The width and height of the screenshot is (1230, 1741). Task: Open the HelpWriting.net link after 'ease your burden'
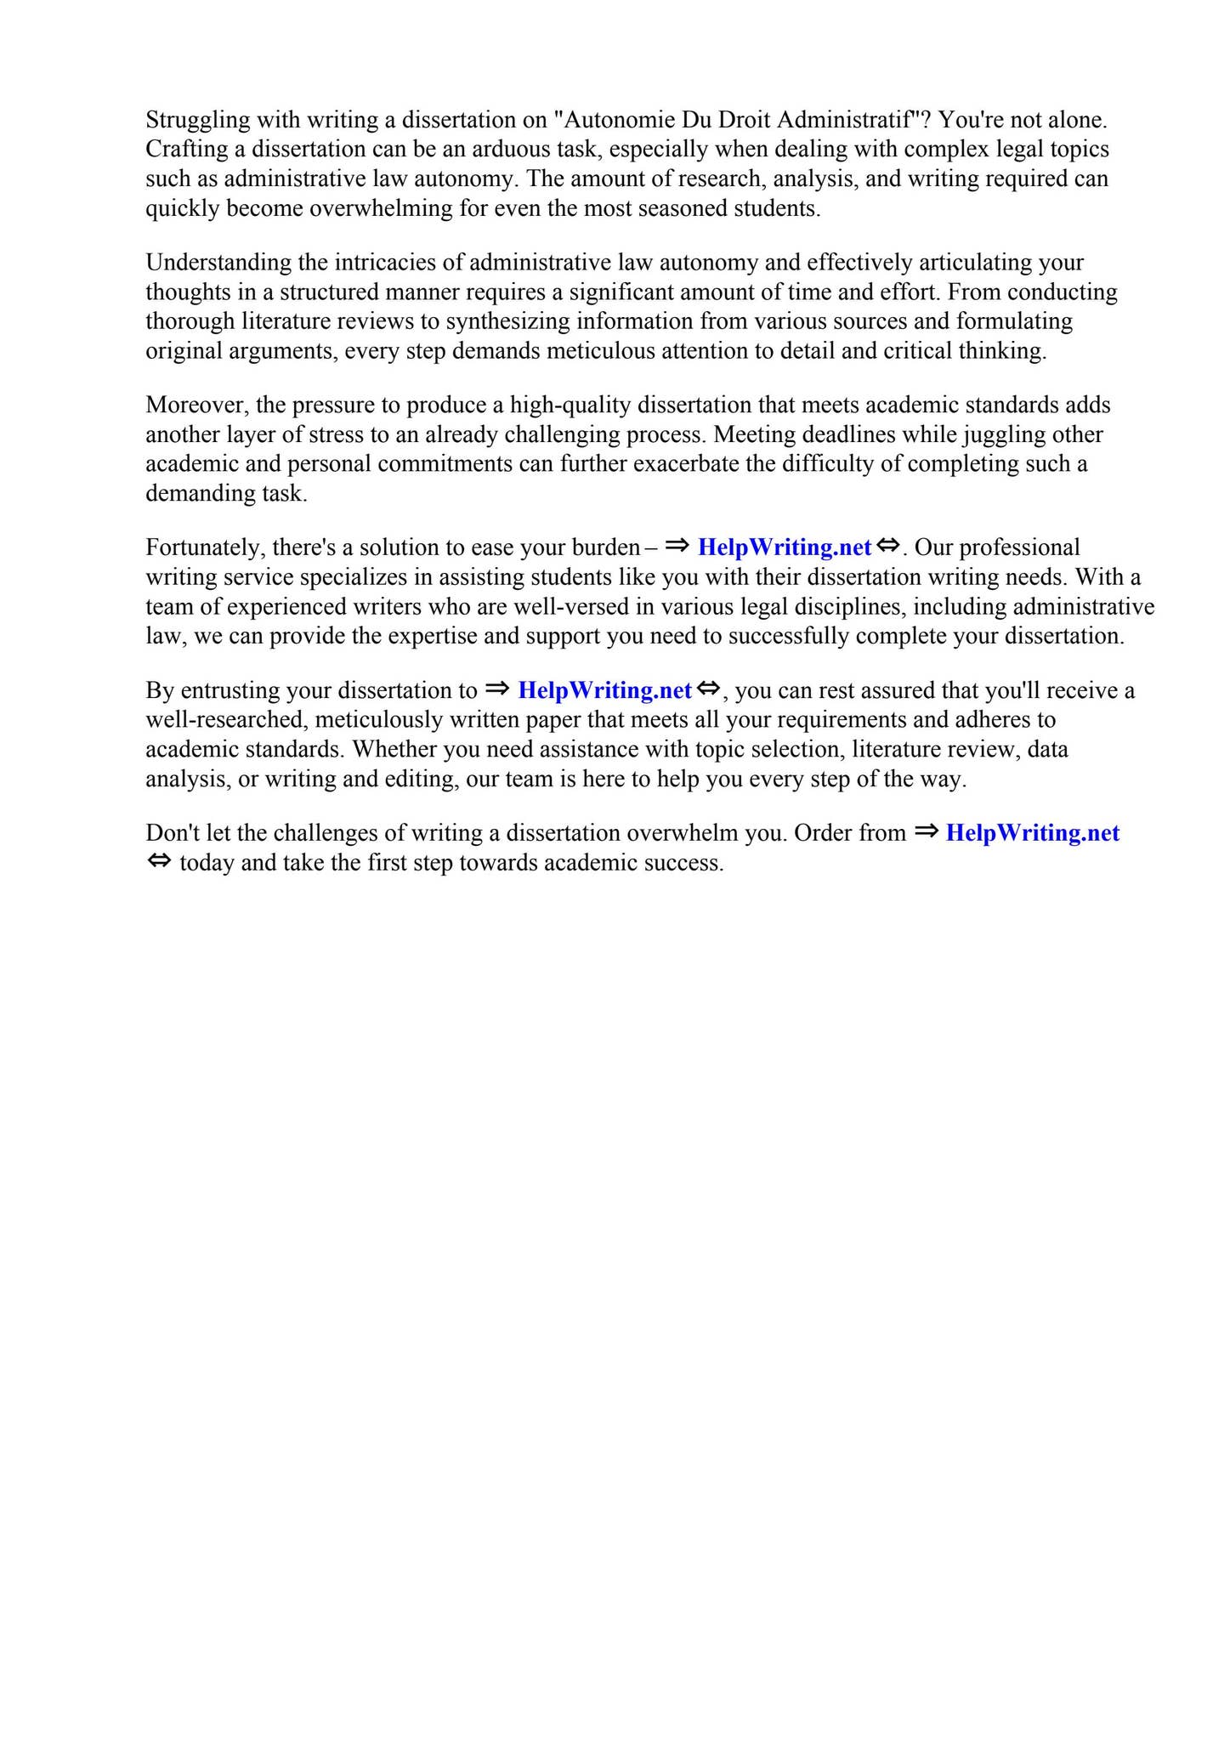785,547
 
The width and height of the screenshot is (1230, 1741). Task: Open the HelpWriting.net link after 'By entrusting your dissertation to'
604,690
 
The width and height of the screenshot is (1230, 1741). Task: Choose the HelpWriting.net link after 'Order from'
1033,833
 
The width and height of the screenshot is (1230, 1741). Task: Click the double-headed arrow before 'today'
159,862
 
